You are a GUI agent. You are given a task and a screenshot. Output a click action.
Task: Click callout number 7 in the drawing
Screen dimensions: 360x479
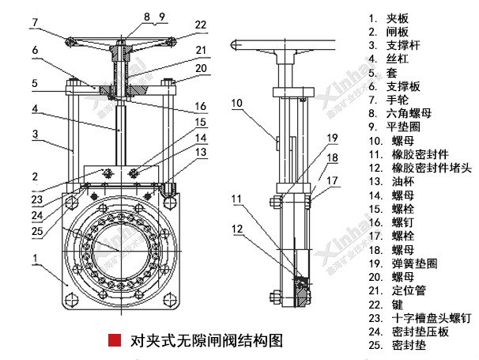(34, 22)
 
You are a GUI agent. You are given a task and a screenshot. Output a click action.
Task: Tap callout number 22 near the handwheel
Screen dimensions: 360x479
(200, 25)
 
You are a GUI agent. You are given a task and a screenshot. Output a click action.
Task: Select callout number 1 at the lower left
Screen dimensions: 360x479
(35, 257)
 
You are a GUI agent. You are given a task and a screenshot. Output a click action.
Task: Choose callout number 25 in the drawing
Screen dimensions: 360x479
(36, 231)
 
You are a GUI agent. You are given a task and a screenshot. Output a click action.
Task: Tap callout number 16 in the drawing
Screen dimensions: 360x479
(200, 106)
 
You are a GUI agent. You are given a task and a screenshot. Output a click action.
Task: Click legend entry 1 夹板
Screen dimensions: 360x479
(395, 17)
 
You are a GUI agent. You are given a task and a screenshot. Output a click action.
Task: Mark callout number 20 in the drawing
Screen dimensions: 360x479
(200, 69)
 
